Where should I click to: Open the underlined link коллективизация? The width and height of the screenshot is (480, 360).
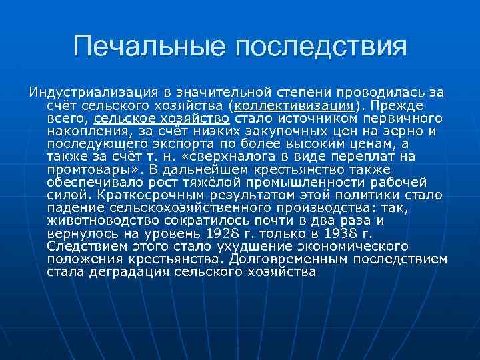pyautogui.click(x=291, y=105)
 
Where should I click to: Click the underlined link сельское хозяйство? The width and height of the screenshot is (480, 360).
pyautogui.click(x=162, y=118)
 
